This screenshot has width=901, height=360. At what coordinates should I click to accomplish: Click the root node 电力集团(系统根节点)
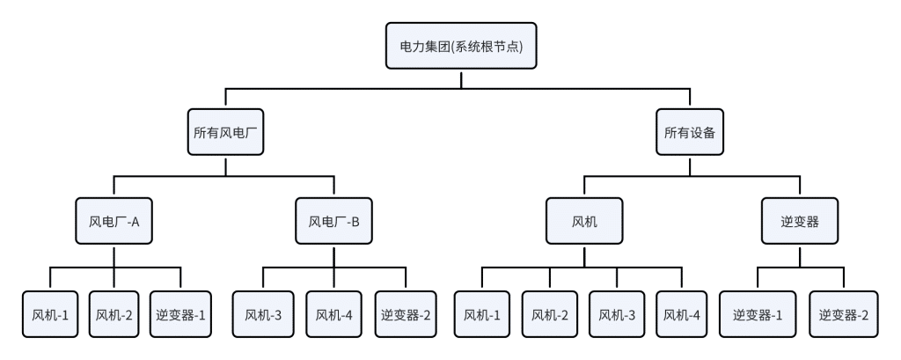tap(461, 47)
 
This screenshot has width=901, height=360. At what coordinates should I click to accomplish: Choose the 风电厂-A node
tap(115, 222)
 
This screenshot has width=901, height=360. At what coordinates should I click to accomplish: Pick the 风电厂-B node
tap(333, 222)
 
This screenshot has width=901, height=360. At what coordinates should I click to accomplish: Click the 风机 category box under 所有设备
tap(584, 222)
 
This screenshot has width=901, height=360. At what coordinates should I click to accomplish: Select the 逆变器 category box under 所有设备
tap(801, 222)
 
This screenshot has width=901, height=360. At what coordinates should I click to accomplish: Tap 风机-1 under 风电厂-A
tap(48, 313)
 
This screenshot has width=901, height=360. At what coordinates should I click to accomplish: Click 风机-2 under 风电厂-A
tap(114, 313)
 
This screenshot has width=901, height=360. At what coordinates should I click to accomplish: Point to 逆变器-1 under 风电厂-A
tap(180, 313)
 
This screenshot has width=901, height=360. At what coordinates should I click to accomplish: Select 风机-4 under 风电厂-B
tap(333, 313)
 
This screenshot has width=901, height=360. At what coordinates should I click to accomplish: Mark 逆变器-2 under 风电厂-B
tap(406, 313)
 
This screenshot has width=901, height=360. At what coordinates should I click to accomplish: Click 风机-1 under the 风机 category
tap(481, 313)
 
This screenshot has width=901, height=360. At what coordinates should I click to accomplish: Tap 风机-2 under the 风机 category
tap(550, 313)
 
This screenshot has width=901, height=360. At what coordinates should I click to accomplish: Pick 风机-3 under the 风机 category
tap(619, 313)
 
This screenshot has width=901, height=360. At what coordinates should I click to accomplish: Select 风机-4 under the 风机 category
tap(682, 313)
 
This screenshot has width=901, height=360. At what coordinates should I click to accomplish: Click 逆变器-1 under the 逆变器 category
tap(758, 313)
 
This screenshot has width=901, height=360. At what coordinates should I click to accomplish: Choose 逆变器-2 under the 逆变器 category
tap(844, 313)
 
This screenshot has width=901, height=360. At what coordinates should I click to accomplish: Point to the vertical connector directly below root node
tap(461, 79)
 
